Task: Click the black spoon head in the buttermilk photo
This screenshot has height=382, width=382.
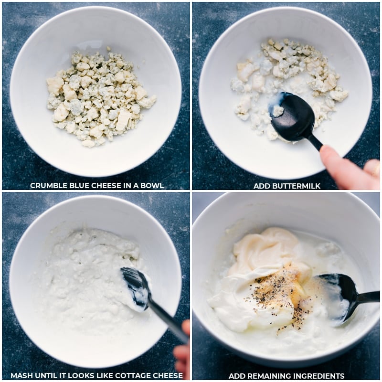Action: (x=289, y=117)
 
